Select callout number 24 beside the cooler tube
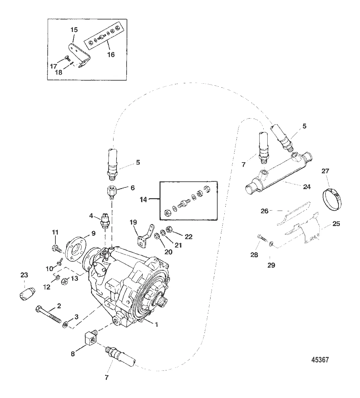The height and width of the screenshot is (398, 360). click(x=307, y=187)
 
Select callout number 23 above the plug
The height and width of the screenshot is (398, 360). click(x=24, y=275)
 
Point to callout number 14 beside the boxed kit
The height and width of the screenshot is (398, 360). click(x=143, y=199)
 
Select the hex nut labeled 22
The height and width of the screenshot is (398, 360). click(x=170, y=229)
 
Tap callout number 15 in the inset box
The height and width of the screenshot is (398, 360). click(x=74, y=30)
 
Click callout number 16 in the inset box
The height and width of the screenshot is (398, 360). click(x=110, y=54)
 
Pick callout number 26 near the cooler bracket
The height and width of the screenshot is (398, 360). click(x=265, y=211)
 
